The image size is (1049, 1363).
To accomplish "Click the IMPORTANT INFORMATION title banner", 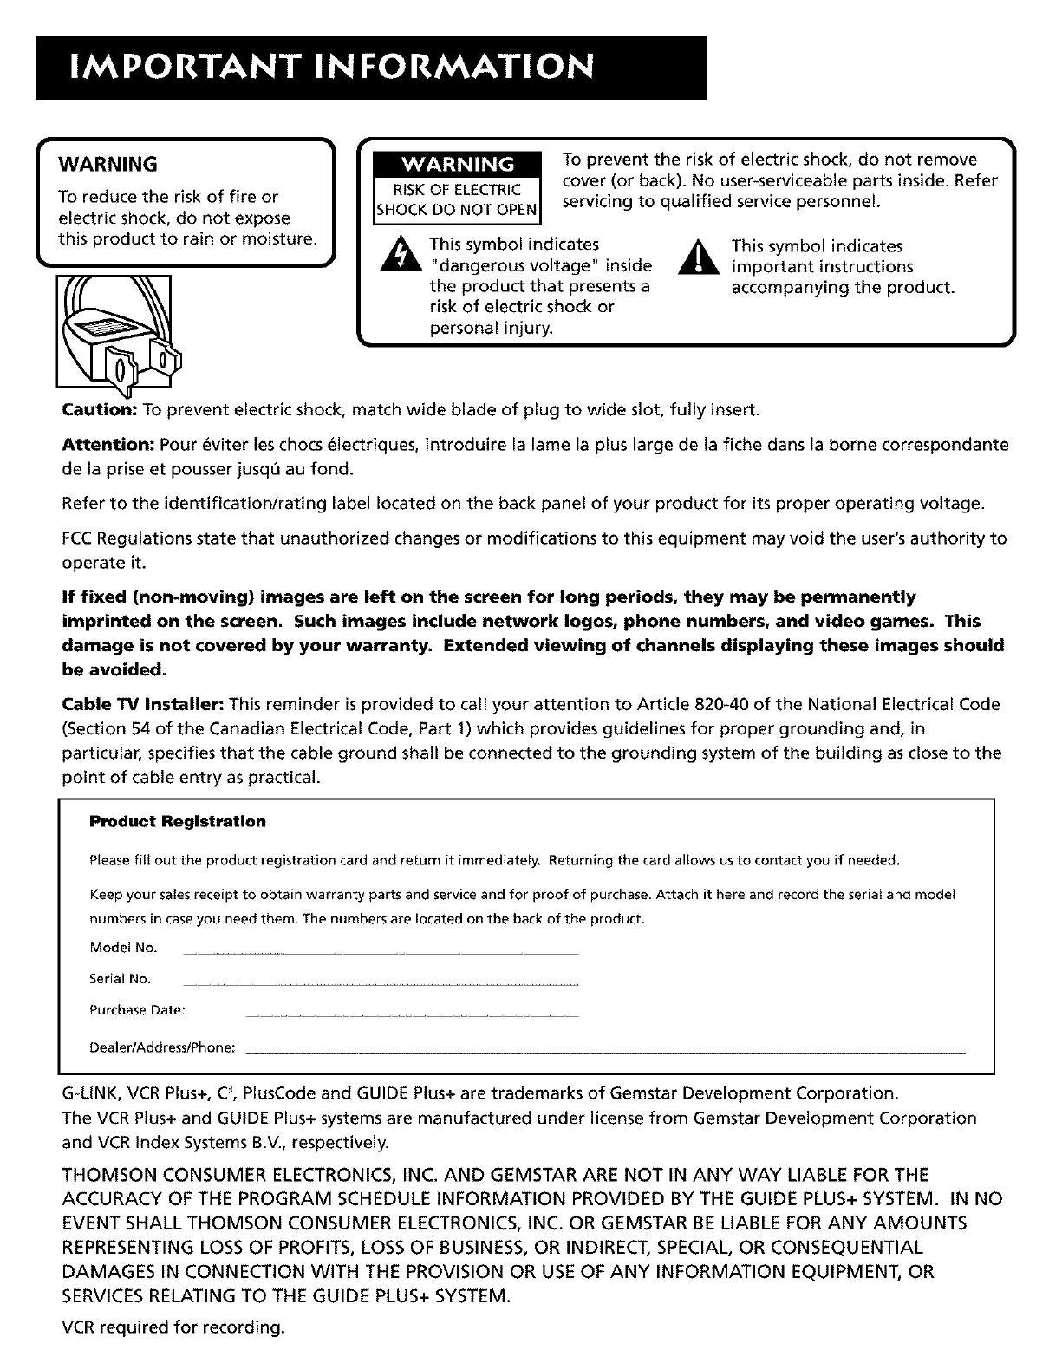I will point(370,68).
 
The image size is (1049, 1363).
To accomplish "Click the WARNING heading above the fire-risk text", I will point(107,165).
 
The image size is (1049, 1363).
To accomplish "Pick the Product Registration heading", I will point(178,821).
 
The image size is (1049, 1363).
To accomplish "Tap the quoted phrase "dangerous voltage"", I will point(541,266).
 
